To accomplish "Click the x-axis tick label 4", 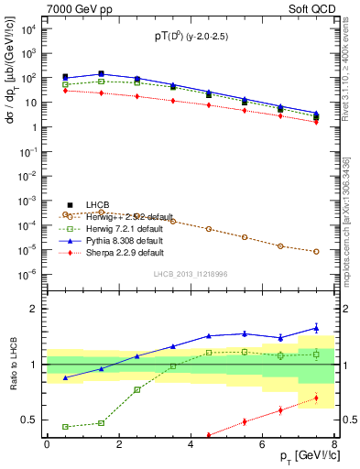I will click(191, 444).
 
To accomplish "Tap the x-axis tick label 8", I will click(334, 444).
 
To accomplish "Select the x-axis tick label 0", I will click(47, 444).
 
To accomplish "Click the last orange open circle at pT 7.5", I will click(316, 251).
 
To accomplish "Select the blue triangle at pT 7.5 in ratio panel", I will click(316, 327).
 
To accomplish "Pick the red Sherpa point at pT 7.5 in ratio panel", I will click(316, 398).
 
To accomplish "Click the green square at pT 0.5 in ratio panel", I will click(65, 427).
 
